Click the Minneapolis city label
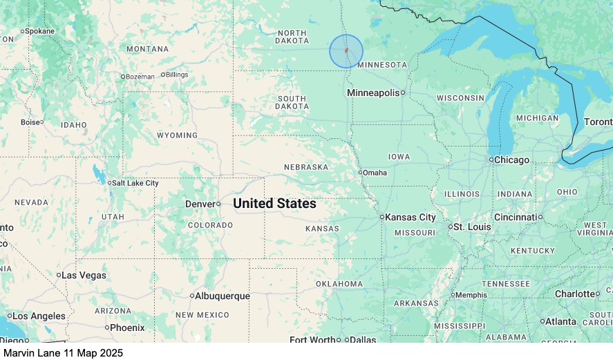(x=373, y=93)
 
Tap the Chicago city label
(x=512, y=160)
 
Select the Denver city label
(x=200, y=204)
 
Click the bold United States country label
(x=274, y=204)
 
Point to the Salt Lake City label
(x=135, y=183)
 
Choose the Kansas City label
(x=411, y=217)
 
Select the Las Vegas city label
(x=84, y=275)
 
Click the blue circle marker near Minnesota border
(x=346, y=51)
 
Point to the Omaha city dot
(x=361, y=172)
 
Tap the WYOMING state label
(x=177, y=135)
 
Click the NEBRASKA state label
(x=305, y=167)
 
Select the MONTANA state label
(x=147, y=49)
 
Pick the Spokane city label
(x=40, y=31)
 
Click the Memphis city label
(x=471, y=295)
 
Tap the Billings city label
(x=177, y=75)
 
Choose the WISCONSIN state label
(x=460, y=98)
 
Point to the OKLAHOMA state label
(x=339, y=284)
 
